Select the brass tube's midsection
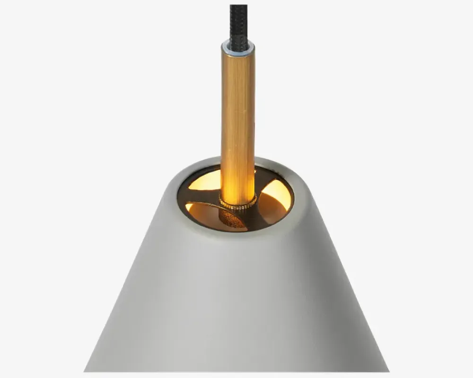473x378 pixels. (x=238, y=118)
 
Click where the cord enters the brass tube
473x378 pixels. (x=238, y=42)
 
